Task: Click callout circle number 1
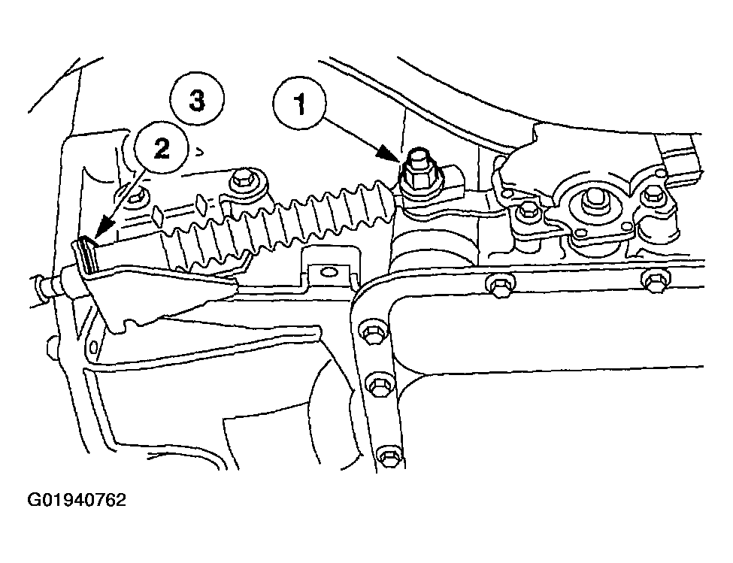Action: click(x=300, y=104)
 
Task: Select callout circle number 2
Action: click(x=161, y=149)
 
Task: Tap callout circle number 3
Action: click(x=197, y=99)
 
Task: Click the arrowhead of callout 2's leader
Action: click(x=103, y=229)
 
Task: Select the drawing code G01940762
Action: click(x=77, y=501)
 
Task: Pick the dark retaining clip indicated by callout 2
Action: click(x=86, y=256)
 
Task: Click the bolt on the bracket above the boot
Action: click(x=243, y=178)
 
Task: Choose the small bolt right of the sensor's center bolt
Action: click(x=651, y=196)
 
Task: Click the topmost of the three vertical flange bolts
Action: click(x=372, y=334)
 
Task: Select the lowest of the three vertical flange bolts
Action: click(x=389, y=454)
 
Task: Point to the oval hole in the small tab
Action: click(x=329, y=271)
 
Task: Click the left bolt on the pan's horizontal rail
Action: click(x=498, y=286)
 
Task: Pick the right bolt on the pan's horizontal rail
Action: click(x=656, y=282)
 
